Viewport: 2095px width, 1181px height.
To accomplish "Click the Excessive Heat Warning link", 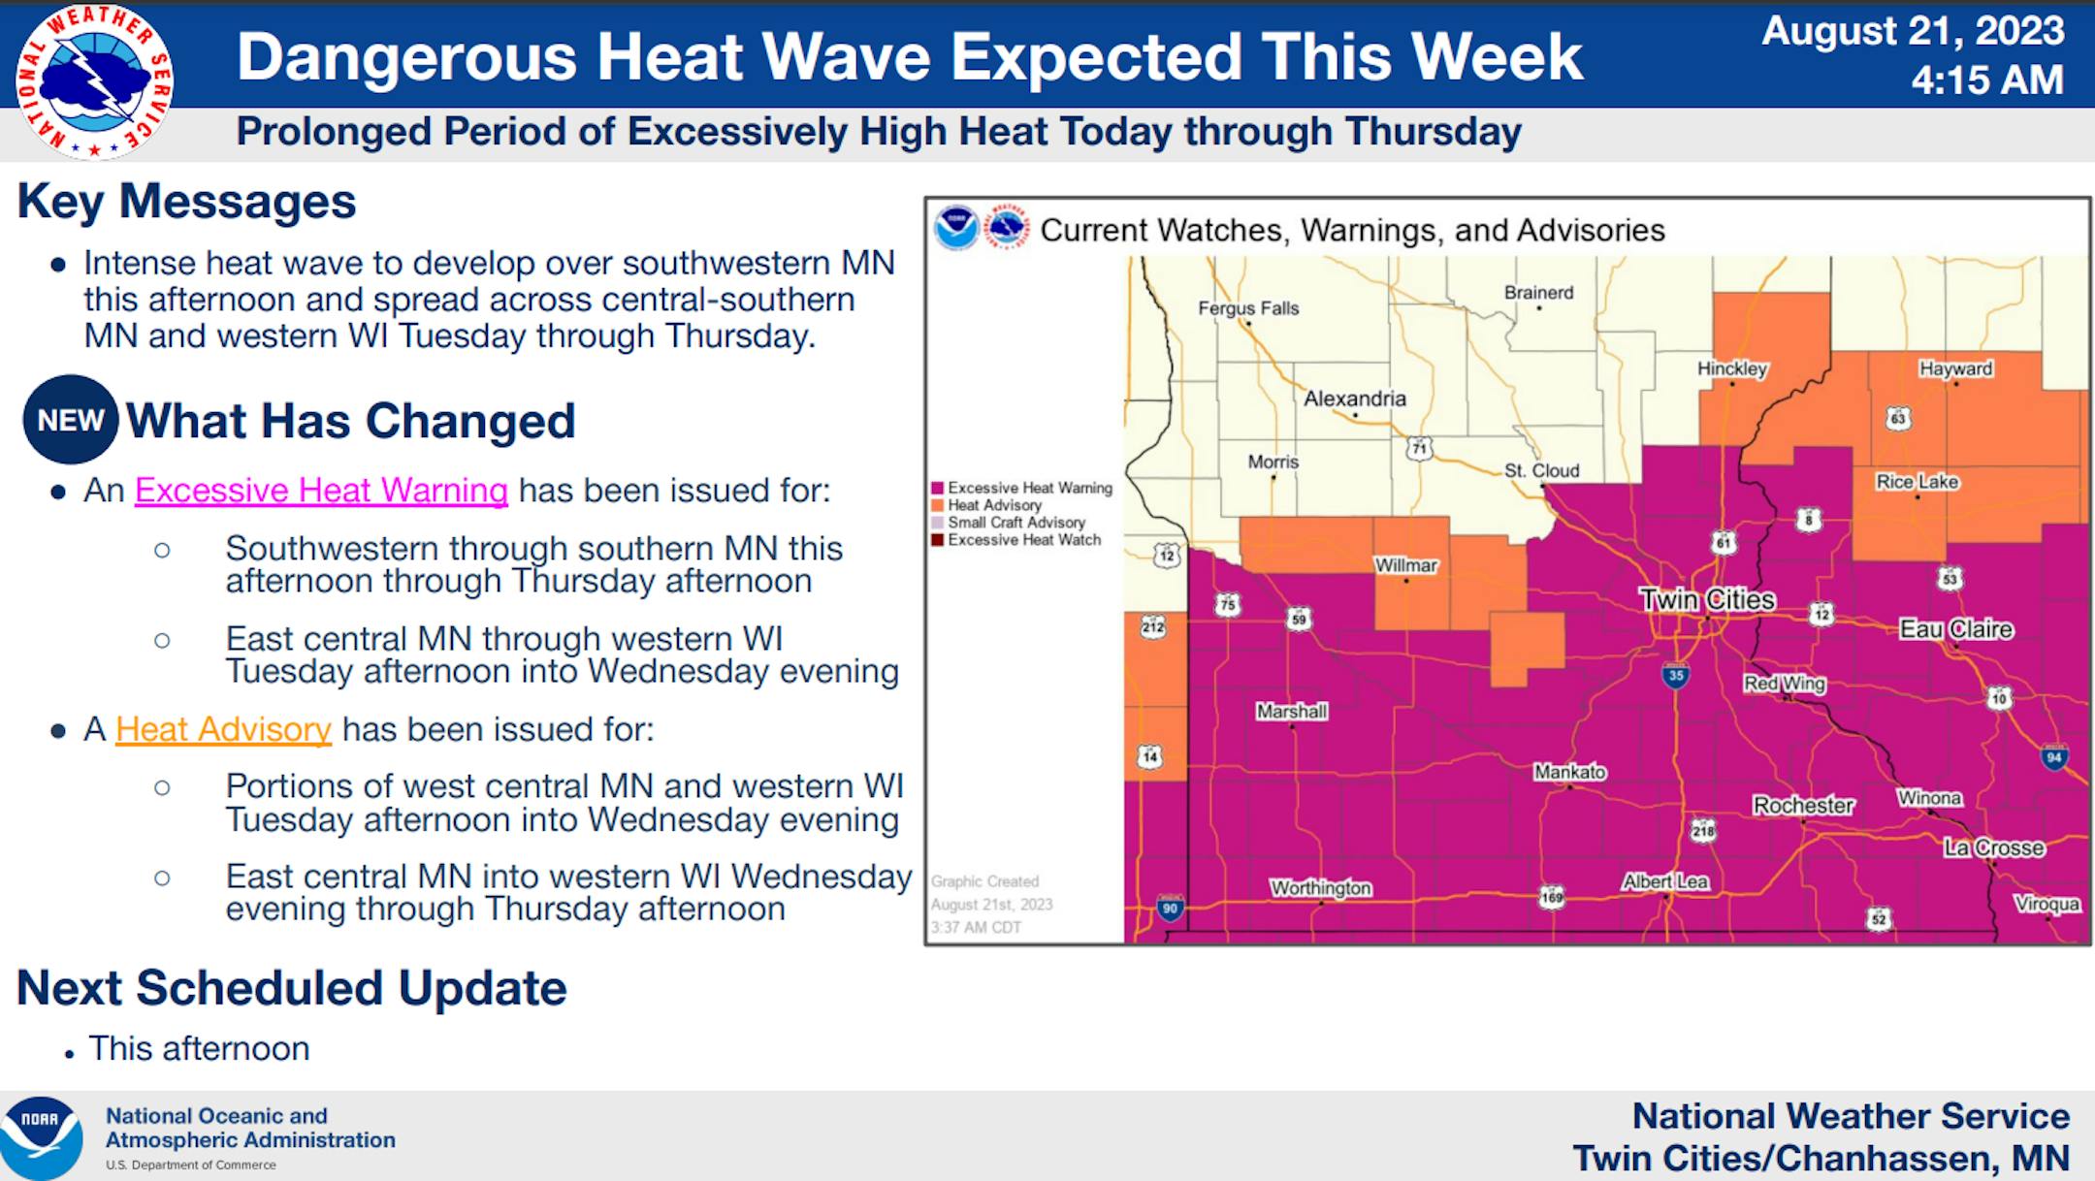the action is [x=321, y=491].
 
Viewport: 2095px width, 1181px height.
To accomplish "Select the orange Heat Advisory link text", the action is [x=223, y=729].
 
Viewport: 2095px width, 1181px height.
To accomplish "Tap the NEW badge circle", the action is [x=71, y=420].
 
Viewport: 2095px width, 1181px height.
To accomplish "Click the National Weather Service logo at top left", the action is [x=94, y=81].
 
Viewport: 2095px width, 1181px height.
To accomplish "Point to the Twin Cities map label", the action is [x=1707, y=599].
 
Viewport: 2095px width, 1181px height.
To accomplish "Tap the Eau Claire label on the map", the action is [x=1955, y=629].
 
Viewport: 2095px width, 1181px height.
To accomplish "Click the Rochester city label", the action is [x=1803, y=805].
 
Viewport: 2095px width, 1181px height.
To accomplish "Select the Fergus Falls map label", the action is [x=1248, y=308].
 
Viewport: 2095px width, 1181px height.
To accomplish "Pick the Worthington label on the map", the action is [x=1321, y=887].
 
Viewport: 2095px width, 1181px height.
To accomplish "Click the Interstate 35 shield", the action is [x=1675, y=676].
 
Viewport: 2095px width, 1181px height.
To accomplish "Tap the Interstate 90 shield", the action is [x=1170, y=909].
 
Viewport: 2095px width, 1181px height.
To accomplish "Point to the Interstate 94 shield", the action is [x=2053, y=757].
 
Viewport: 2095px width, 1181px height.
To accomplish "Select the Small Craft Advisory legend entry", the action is [x=1009, y=523].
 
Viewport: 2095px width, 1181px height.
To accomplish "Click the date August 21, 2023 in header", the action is [x=1913, y=31].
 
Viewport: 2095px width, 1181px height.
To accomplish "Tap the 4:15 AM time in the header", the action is [x=1987, y=80].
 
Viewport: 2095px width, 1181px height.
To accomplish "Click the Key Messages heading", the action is [x=187, y=202].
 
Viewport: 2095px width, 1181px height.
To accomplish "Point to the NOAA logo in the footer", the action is [x=41, y=1136].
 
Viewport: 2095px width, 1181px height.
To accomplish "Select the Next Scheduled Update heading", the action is [x=292, y=988].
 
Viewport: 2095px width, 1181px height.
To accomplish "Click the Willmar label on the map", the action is [x=1406, y=565].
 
